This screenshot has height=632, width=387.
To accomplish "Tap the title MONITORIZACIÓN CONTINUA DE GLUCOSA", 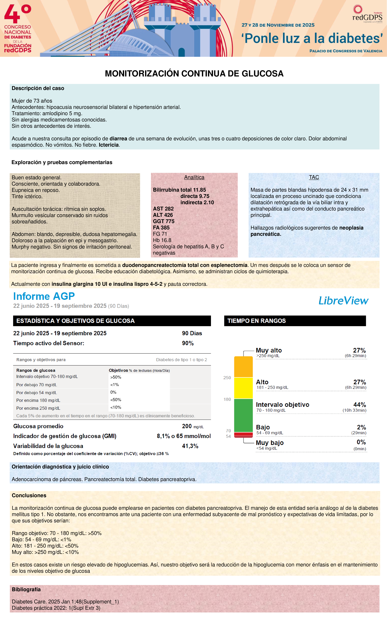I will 194,74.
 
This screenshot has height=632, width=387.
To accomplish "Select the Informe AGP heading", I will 44,296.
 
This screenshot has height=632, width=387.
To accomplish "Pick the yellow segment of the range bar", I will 243,388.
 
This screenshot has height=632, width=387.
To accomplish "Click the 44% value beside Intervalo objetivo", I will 360,404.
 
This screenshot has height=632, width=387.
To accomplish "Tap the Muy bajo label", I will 270,443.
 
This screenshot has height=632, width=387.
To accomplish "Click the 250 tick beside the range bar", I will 227,378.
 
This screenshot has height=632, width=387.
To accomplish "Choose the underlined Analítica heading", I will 194,177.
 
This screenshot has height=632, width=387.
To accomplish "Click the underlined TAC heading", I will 314,177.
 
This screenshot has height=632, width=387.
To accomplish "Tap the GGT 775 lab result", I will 164,221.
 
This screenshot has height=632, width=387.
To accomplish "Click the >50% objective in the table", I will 116,377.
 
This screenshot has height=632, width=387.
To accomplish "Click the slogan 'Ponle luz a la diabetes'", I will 312,38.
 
